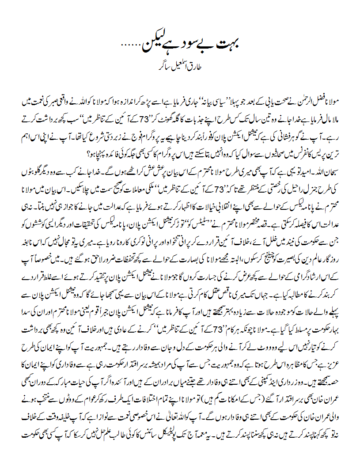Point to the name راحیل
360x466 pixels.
[x=306, y=197]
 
